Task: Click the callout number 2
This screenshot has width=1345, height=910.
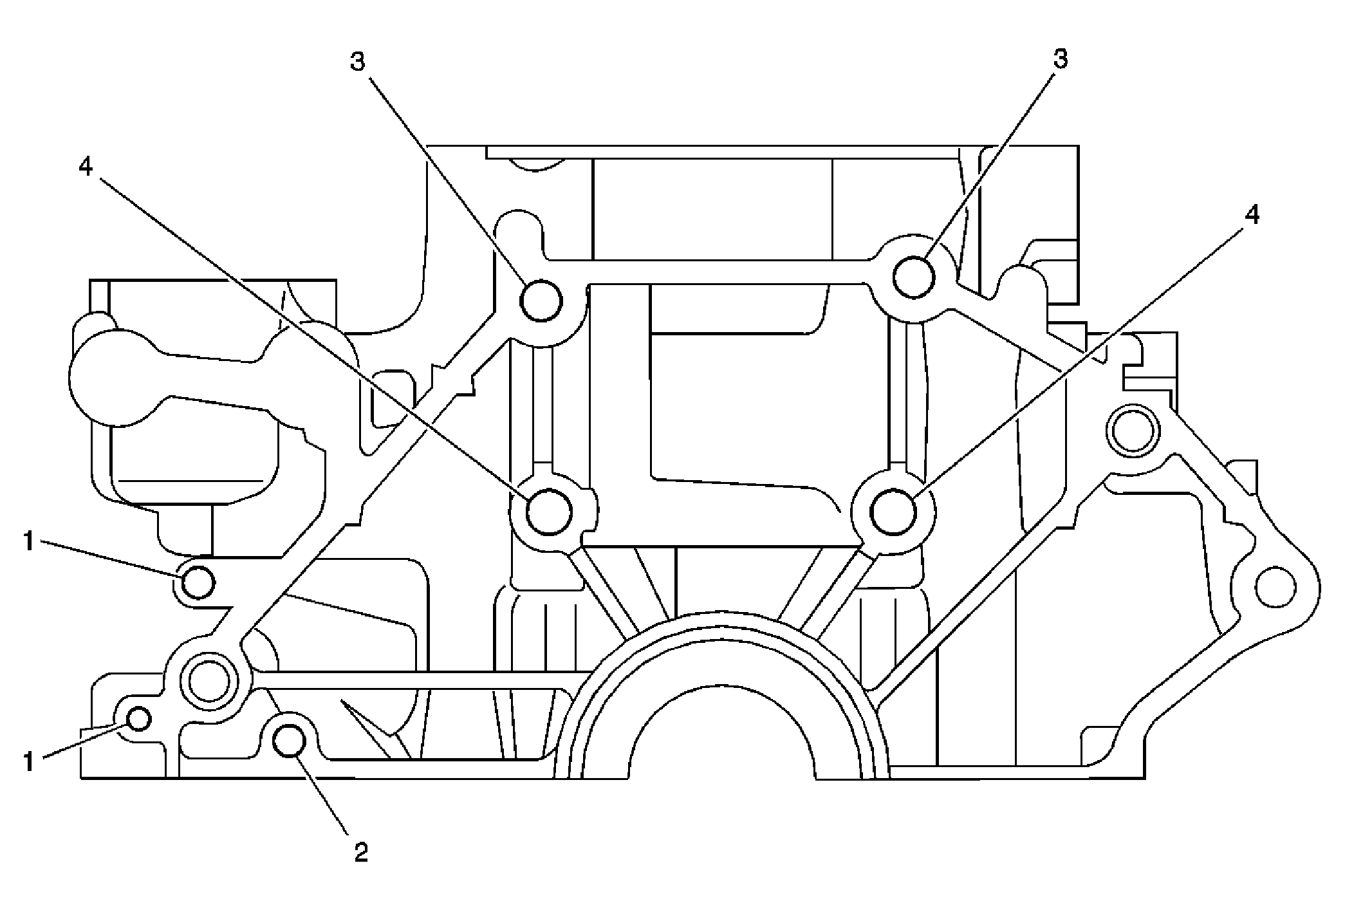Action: [360, 853]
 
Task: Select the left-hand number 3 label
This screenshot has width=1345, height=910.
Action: [358, 62]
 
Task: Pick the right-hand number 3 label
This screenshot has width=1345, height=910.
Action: [1059, 59]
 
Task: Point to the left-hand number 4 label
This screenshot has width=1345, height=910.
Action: [86, 167]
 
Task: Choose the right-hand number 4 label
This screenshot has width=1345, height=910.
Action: [1251, 216]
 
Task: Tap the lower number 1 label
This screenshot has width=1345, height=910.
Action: [28, 763]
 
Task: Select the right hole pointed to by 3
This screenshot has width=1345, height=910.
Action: [914, 277]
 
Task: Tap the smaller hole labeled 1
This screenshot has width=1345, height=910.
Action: [139, 718]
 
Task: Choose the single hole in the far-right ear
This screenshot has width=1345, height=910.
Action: [1275, 588]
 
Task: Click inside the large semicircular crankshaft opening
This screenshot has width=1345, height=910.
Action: [721, 734]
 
